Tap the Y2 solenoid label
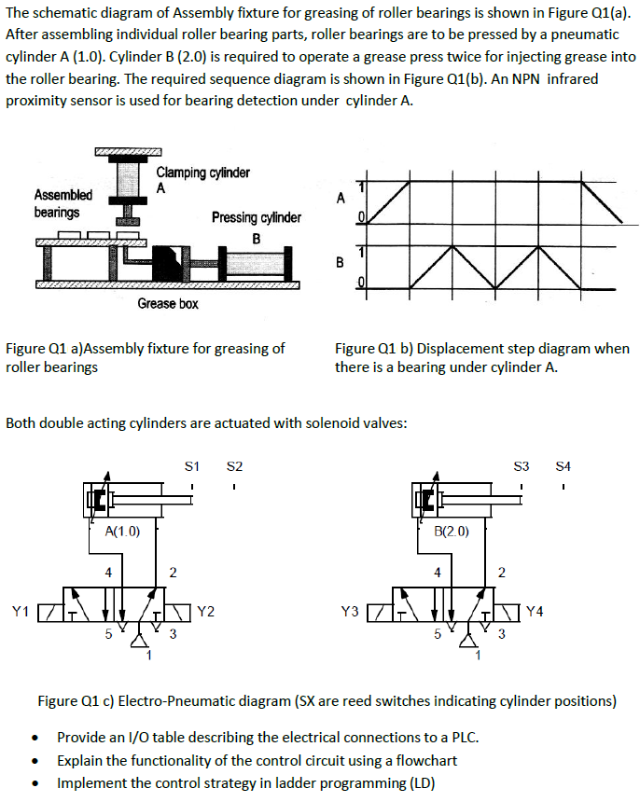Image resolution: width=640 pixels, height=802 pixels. pyautogui.click(x=206, y=612)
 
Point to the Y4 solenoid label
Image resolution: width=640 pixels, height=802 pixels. pyautogui.click(x=536, y=612)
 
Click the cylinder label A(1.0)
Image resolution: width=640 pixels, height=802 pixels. pyautogui.click(x=121, y=532)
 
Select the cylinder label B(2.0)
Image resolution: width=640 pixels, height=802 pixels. pyautogui.click(x=452, y=532)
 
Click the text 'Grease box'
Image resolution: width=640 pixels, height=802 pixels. pyautogui.click(x=168, y=303)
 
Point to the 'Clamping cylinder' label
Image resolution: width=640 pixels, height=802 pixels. pyautogui.click(x=202, y=173)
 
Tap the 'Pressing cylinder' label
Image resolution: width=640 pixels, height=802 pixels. pyautogui.click(x=256, y=217)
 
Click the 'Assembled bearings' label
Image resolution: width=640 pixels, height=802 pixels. pyautogui.click(x=63, y=203)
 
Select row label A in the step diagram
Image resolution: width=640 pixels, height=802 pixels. pyautogui.click(x=340, y=198)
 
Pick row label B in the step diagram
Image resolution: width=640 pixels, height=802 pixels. pyautogui.click(x=340, y=262)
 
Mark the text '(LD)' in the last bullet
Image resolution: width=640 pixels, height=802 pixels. pyautogui.click(x=417, y=782)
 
